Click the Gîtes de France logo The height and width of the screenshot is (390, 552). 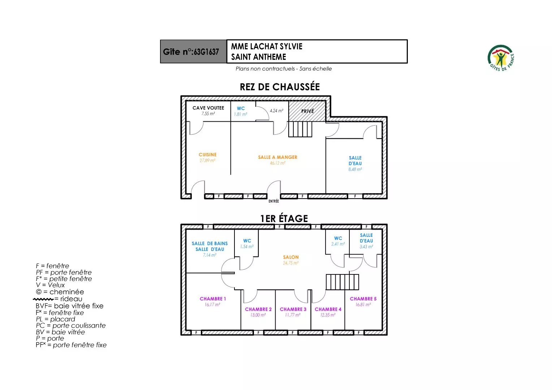pyautogui.click(x=501, y=58)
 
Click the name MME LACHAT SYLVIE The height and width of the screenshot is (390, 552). pyautogui.click(x=267, y=47)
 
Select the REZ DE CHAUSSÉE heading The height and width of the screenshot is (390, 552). pyautogui.click(x=280, y=87)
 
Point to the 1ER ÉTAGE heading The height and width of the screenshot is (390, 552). pyautogui.click(x=284, y=218)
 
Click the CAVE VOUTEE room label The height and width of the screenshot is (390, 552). pyautogui.click(x=208, y=108)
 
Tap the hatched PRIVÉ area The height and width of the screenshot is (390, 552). pyautogui.click(x=307, y=111)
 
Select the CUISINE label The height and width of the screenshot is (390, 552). pyautogui.click(x=207, y=155)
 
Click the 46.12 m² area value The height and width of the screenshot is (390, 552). pyautogui.click(x=277, y=163)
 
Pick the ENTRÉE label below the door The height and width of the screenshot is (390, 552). pyautogui.click(x=273, y=201)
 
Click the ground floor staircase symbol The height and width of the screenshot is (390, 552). pyautogui.click(x=300, y=129)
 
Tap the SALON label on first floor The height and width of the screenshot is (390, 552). pyautogui.click(x=291, y=257)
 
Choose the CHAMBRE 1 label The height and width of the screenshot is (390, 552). pyautogui.click(x=212, y=299)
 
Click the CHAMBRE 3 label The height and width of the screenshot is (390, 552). pyautogui.click(x=293, y=309)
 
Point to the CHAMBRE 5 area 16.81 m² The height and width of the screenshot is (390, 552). pyautogui.click(x=363, y=305)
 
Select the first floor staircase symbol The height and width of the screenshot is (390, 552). pyautogui.click(x=342, y=282)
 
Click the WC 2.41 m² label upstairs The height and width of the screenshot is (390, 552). pyautogui.click(x=338, y=241)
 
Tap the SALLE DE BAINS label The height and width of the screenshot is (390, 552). pyautogui.click(x=210, y=244)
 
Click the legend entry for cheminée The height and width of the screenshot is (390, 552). pyautogui.click(x=60, y=292)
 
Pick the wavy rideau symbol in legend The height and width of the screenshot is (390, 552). pyautogui.click(x=43, y=299)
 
